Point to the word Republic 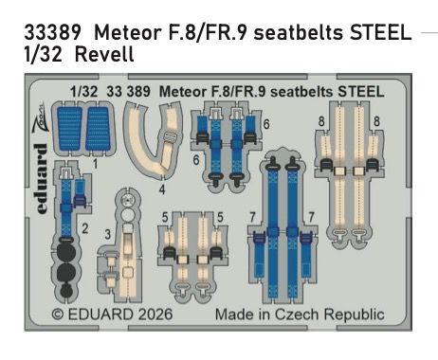353,314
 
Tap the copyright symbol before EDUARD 58,314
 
